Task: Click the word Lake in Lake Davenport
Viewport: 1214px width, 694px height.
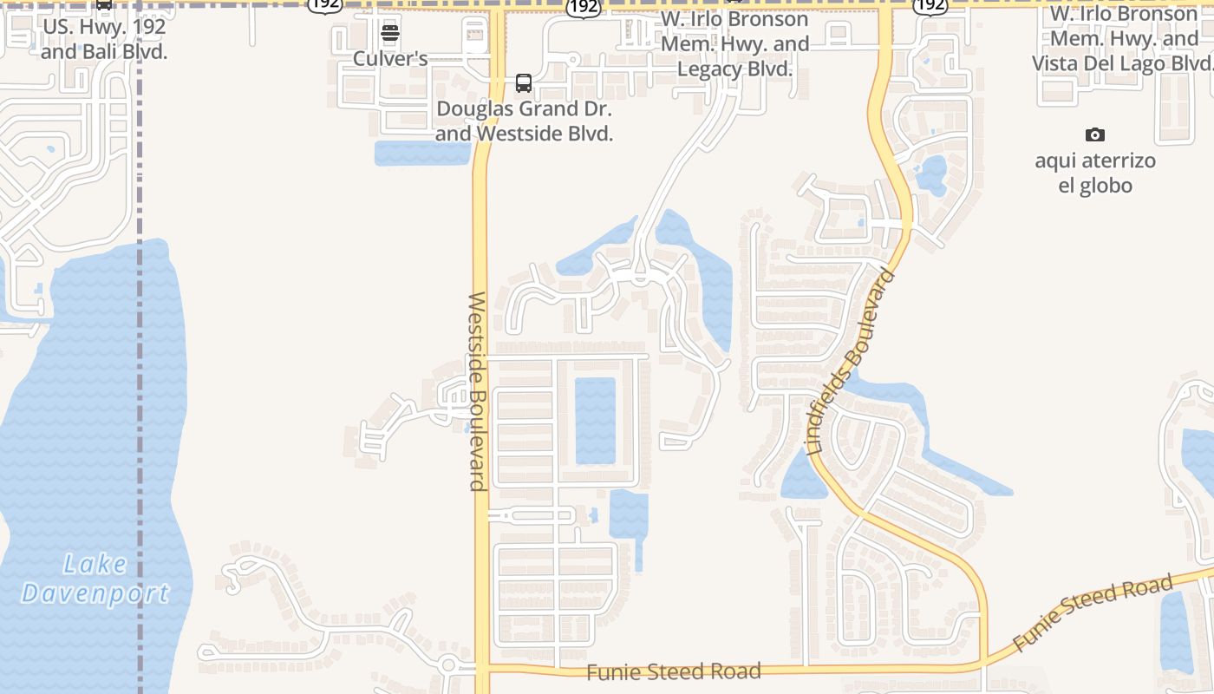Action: tap(95, 565)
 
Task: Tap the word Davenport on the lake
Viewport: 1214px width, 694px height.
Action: tap(95, 594)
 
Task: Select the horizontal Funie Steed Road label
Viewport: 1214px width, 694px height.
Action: tap(674, 671)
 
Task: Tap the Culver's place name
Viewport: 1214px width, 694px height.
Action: tap(390, 59)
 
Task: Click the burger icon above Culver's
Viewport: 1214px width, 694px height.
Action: tap(390, 34)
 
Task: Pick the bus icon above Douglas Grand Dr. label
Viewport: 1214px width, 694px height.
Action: tap(524, 83)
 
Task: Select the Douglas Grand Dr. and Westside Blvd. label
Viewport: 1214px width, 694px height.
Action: tap(524, 121)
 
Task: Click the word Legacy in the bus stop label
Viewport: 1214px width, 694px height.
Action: tap(709, 69)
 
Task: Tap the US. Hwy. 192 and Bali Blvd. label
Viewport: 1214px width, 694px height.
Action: tap(104, 39)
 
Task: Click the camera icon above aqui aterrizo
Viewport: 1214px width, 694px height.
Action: tap(1095, 135)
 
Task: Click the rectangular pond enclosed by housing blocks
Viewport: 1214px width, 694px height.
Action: tap(595, 420)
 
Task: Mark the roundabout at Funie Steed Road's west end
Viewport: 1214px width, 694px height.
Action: tap(449, 666)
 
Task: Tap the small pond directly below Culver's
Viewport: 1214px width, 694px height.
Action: tap(422, 153)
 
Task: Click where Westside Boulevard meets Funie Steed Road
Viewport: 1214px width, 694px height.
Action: tap(482, 669)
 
